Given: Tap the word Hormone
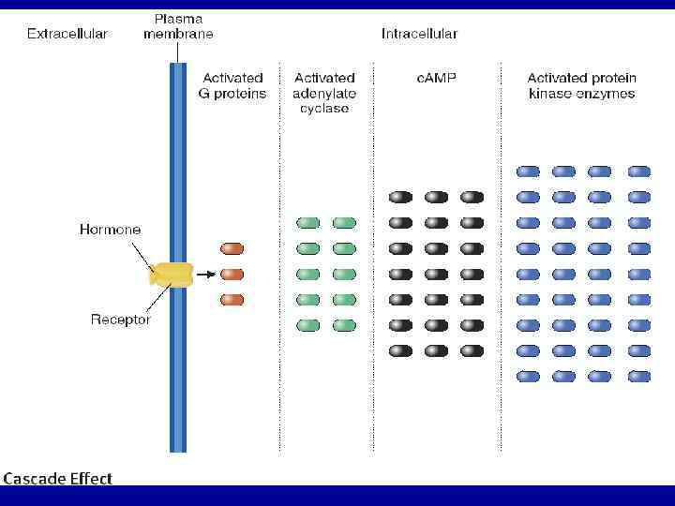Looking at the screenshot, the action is pyautogui.click(x=111, y=230).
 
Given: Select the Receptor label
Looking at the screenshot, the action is pyautogui.click(x=121, y=320).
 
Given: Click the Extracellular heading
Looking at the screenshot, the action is pyautogui.click(x=67, y=34).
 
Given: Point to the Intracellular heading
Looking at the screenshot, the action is pyautogui.click(x=419, y=34).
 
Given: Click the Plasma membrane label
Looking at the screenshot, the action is pyautogui.click(x=178, y=26).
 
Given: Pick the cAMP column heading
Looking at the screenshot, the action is pyautogui.click(x=436, y=78).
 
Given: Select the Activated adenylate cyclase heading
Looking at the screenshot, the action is pyautogui.click(x=324, y=93).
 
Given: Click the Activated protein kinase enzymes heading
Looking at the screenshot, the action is pyautogui.click(x=581, y=85).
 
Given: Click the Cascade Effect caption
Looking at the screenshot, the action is pyautogui.click(x=58, y=478).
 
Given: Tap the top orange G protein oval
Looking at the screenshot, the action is pyautogui.click(x=232, y=248).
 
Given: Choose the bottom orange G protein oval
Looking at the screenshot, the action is pyautogui.click(x=232, y=300).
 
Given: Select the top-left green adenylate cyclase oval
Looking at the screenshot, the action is pyautogui.click(x=308, y=223).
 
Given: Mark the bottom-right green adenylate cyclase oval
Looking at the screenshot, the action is pyautogui.click(x=344, y=325).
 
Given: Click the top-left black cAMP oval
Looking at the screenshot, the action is pyautogui.click(x=400, y=197).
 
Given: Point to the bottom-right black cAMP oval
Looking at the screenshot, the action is pyautogui.click(x=472, y=350).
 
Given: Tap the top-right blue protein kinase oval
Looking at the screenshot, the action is pyautogui.click(x=638, y=171).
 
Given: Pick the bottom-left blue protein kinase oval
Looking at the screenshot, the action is pyautogui.click(x=529, y=376).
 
